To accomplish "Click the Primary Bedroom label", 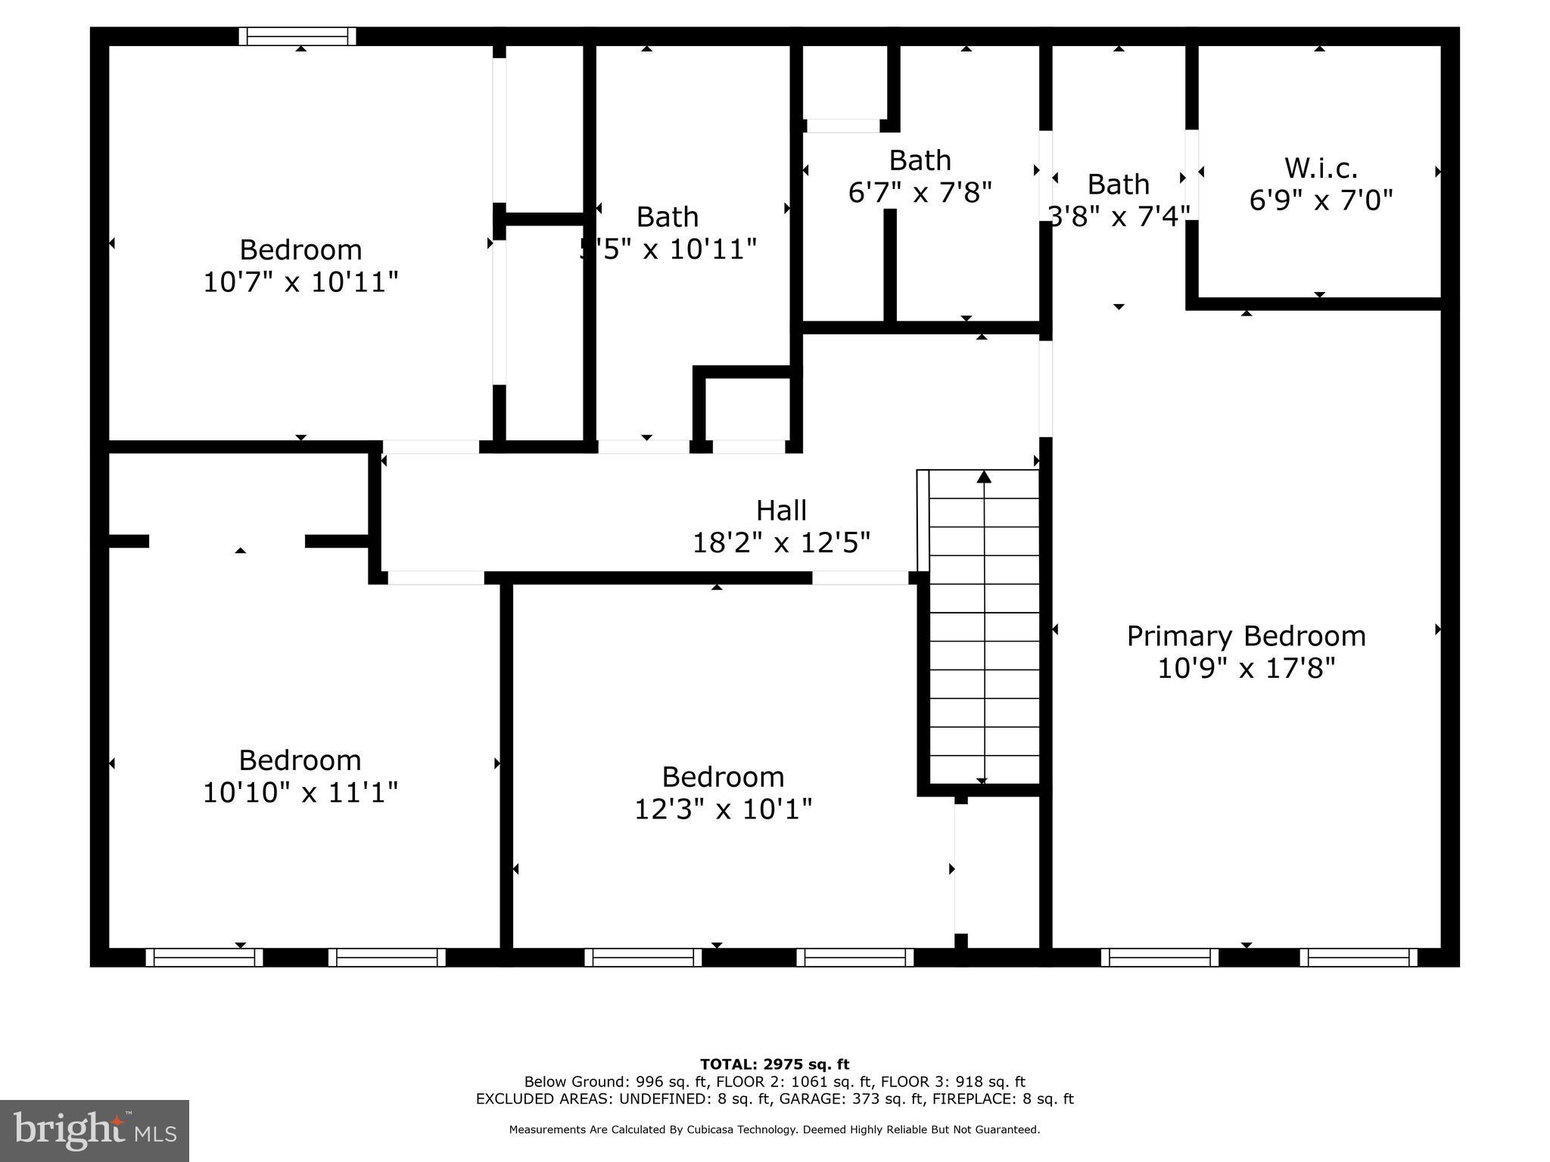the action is [1246, 636].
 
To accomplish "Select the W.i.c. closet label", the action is [1321, 167].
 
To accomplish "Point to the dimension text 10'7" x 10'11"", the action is [300, 282].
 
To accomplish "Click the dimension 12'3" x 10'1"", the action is [723, 809].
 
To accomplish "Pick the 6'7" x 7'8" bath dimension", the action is [920, 193].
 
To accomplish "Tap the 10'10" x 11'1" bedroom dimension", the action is [300, 793].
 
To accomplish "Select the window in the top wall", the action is [297, 36].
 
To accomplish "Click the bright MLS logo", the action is [95, 1130].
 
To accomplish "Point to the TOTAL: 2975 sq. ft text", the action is [774, 1064].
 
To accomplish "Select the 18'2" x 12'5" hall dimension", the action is [781, 542].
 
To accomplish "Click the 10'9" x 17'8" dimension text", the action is [1246, 669].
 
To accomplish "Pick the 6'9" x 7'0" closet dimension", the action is [1321, 200].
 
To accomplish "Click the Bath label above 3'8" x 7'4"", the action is [1118, 184].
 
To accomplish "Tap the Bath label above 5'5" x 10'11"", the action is [667, 217].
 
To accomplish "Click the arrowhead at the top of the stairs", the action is [984, 477].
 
